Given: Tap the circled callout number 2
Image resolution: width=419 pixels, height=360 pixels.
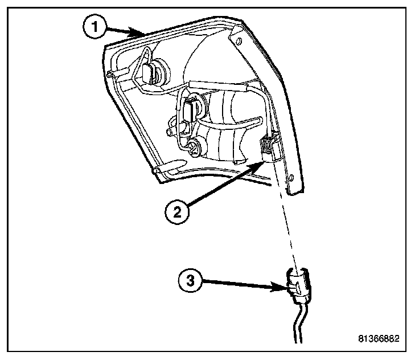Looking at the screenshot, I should pyautogui.click(x=177, y=212).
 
